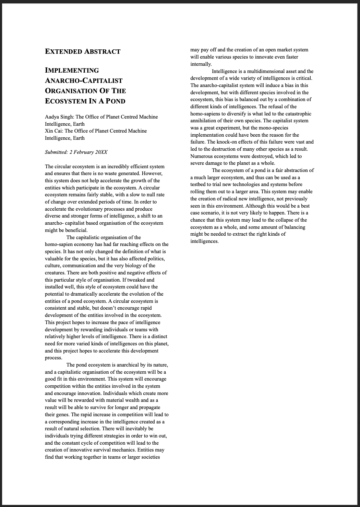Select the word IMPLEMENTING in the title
click(x=72, y=71)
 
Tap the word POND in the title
click(x=115, y=101)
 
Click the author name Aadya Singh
click(x=59, y=117)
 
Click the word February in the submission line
click(x=83, y=152)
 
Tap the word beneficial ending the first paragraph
click(x=76, y=230)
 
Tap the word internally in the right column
click(x=201, y=64)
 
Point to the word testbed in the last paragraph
click(x=199, y=184)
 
